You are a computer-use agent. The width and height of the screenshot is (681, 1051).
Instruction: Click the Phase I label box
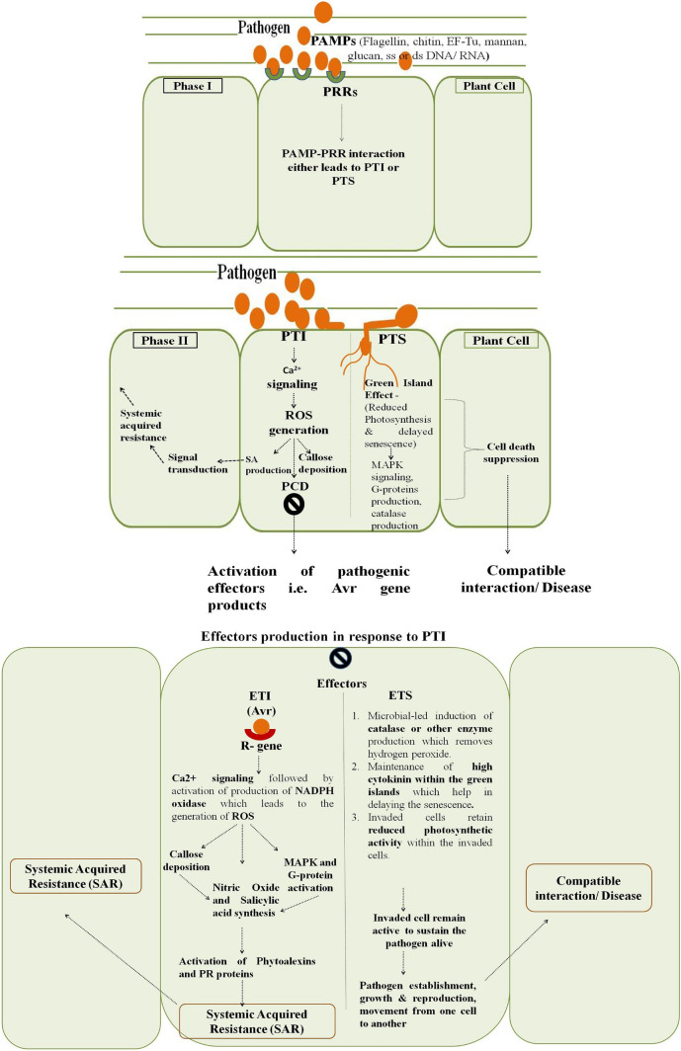(193, 86)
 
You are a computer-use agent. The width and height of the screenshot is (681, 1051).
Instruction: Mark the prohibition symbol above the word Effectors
(339, 658)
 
